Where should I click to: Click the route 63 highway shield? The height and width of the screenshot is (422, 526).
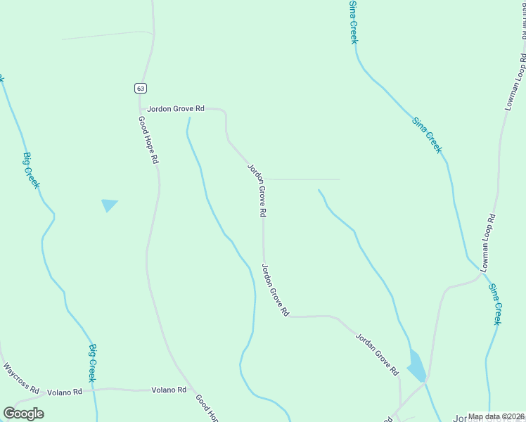(141, 88)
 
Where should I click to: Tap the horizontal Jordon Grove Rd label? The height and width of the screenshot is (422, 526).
(176, 109)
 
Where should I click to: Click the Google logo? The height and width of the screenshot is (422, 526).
(23, 414)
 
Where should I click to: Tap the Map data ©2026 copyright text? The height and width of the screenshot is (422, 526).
(496, 416)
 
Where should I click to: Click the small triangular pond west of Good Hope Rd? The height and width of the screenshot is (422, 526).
(108, 205)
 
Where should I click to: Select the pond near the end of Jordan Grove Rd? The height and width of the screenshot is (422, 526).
(416, 366)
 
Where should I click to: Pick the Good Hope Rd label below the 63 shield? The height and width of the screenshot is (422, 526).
(148, 141)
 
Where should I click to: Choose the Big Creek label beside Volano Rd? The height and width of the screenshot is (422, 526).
(93, 363)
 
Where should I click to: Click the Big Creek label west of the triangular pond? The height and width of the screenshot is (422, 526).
(32, 170)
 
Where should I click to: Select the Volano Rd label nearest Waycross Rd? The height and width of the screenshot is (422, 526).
(65, 391)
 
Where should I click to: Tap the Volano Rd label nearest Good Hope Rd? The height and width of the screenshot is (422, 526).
(169, 390)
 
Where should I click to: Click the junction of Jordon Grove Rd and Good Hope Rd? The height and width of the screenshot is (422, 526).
(140, 109)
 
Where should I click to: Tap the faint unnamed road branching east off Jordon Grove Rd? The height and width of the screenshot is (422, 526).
(302, 179)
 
